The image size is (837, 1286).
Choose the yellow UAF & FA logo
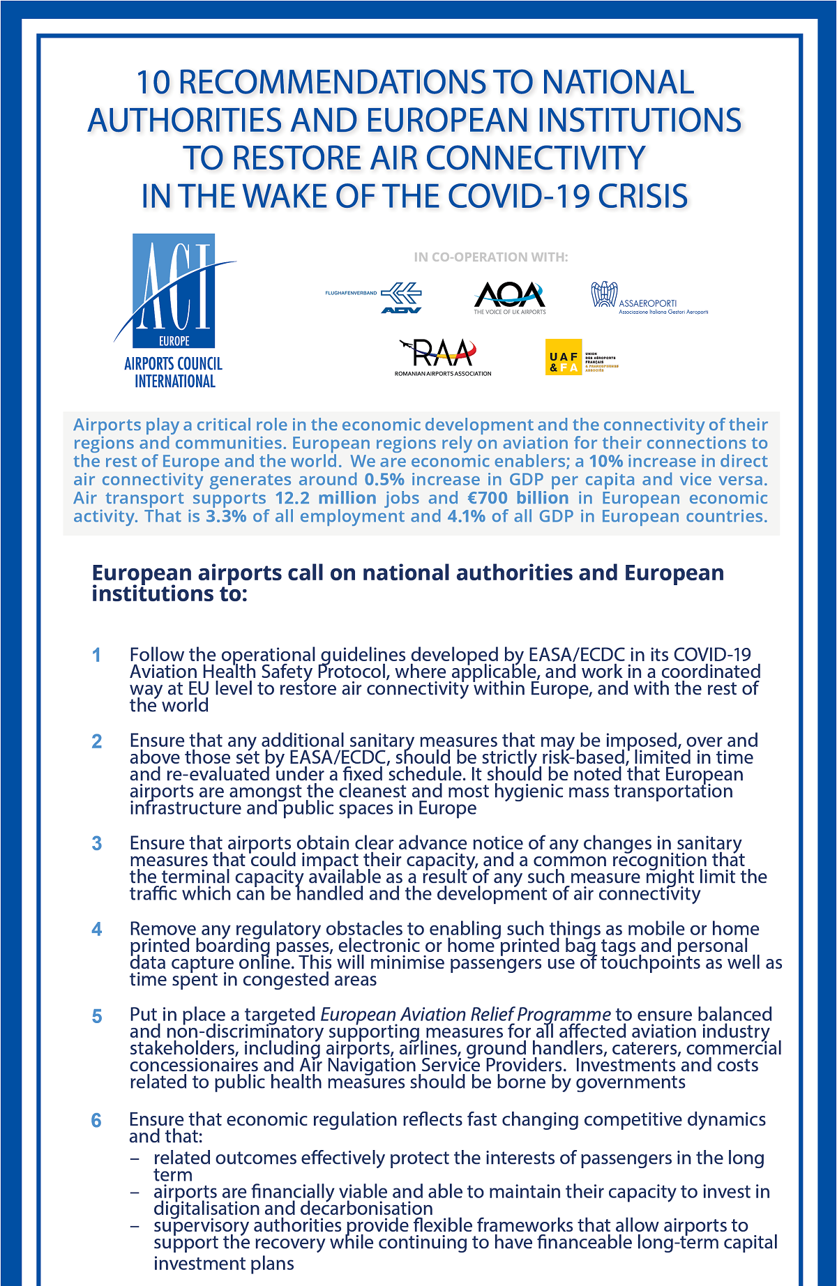tap(564, 357)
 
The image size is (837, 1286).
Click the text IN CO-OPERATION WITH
tap(491, 257)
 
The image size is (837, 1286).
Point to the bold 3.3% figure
tap(226, 516)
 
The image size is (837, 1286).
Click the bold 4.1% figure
tap(466, 516)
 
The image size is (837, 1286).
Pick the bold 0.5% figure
tap(384, 480)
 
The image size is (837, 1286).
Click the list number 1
tap(96, 656)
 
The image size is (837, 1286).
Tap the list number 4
tap(96, 930)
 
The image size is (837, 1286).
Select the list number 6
tap(96, 1121)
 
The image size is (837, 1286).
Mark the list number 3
tap(96, 844)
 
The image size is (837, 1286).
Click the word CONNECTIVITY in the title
tap(536, 158)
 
